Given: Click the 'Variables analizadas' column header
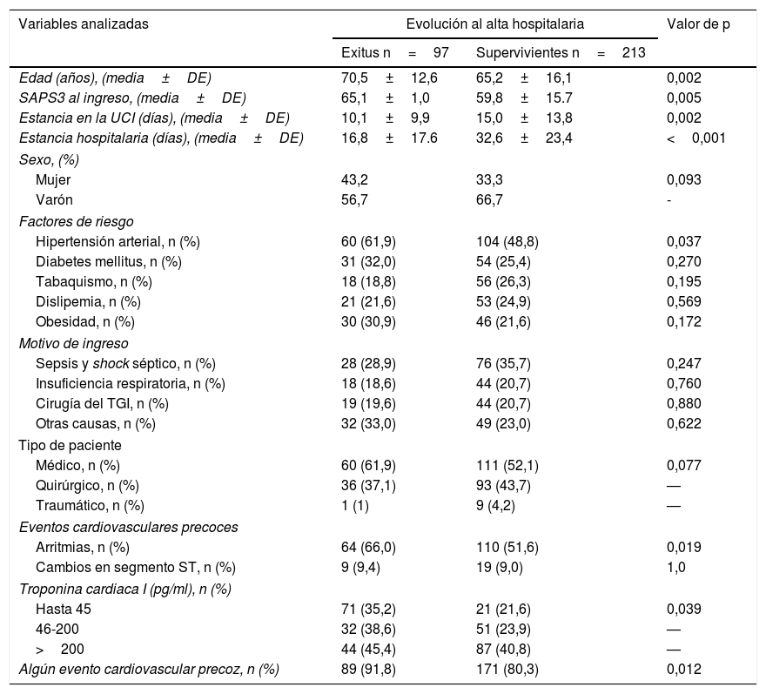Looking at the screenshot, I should (x=84, y=24).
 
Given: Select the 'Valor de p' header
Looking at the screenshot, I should (x=697, y=24).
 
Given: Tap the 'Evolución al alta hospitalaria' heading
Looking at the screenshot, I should (x=494, y=24).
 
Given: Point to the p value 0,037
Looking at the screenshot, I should (x=683, y=241).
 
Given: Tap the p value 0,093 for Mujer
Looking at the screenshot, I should (x=683, y=180).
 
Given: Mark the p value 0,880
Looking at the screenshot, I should (x=683, y=403).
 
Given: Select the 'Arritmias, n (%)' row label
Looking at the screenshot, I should (x=82, y=547).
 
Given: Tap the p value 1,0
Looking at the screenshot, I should (x=675, y=568).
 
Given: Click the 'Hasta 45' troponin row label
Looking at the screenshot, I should (x=63, y=608).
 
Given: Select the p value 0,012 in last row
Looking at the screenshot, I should (x=683, y=669).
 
